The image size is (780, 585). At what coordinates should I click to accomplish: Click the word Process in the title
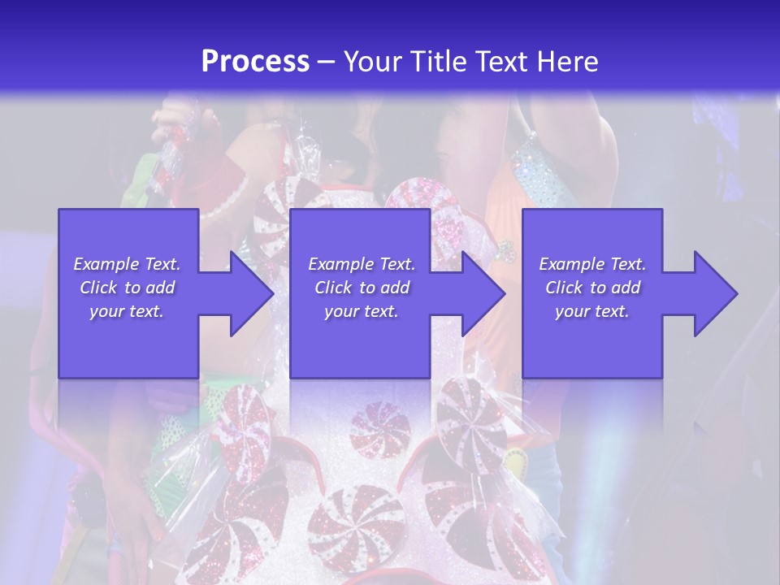point(255,62)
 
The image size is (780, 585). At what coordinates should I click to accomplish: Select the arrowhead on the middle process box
point(481,293)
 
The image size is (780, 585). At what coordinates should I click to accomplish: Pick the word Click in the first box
point(97,288)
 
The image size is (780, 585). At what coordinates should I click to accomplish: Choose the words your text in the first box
point(127,311)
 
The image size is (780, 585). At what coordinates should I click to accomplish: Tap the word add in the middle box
point(395,288)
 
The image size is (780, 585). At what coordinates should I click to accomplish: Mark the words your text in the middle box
point(361,311)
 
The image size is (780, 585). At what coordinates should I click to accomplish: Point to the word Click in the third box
point(563,288)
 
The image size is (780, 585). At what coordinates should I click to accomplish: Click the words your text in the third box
point(592,311)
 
